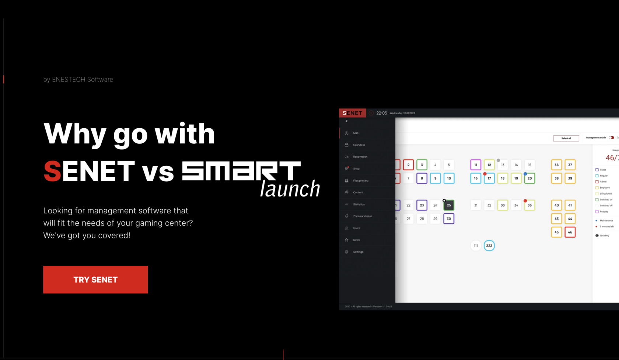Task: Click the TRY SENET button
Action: (x=95, y=280)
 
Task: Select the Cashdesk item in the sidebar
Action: (x=359, y=145)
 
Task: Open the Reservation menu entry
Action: (x=360, y=157)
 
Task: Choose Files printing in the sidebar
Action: (x=360, y=181)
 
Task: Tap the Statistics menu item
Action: (x=359, y=205)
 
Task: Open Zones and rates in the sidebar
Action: (x=363, y=216)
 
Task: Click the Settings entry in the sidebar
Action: (x=358, y=252)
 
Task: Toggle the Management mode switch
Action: (x=611, y=138)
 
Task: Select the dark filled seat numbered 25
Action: (x=449, y=205)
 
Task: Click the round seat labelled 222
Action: (x=489, y=246)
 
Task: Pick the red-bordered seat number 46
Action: (x=570, y=232)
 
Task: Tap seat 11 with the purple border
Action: (x=476, y=165)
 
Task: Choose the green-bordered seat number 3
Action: (x=422, y=165)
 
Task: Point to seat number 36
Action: (x=556, y=165)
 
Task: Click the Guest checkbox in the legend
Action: (x=597, y=170)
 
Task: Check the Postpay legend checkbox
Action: (x=597, y=212)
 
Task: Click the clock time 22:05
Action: (x=382, y=113)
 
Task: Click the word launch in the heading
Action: (x=290, y=189)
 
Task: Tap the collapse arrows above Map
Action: (x=346, y=121)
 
